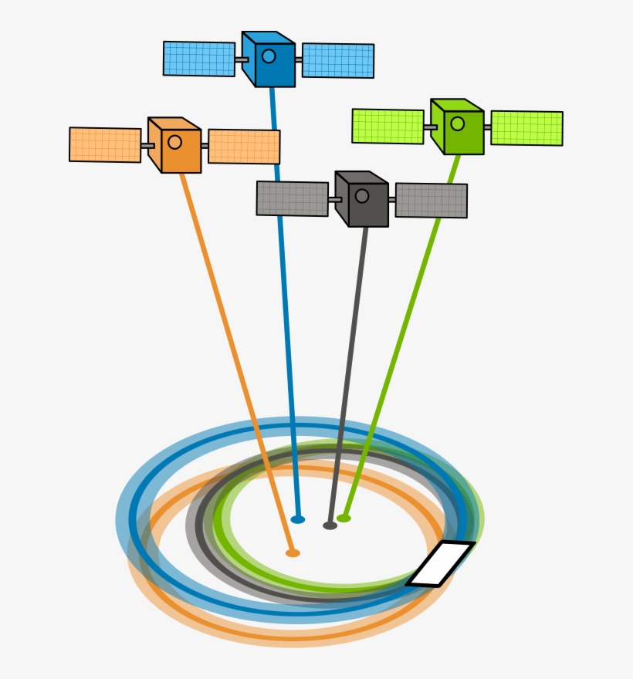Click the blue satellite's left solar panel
pos(199,59)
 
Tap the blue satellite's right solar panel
pos(338,61)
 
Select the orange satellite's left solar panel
pos(105,145)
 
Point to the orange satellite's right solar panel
pos(244,147)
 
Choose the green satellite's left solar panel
pos(388,127)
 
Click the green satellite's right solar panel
pos(526,129)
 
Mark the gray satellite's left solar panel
pos(293,198)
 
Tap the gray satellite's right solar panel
pos(431,201)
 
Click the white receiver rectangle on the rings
pos(441,563)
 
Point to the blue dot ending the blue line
pos(298,519)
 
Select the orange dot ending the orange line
pos(293,553)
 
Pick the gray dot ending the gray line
pos(330,525)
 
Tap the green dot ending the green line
pos(344,519)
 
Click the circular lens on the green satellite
pos(458,123)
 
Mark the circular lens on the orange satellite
pos(175,142)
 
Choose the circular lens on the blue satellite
pos(269,56)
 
